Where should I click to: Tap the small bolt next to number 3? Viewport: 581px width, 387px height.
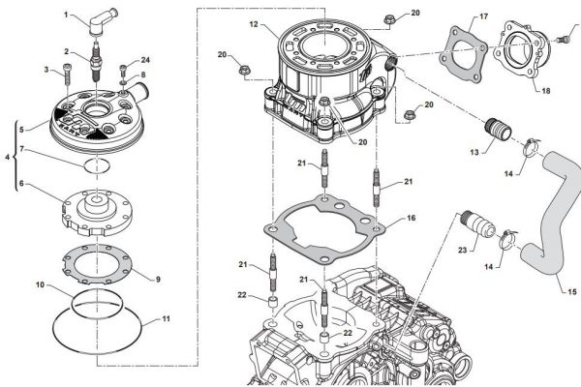[x=67, y=71]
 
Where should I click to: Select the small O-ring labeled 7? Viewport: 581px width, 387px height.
[x=92, y=166]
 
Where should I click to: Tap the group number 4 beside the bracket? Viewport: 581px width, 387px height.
[x=10, y=155]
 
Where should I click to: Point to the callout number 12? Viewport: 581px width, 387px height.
[x=253, y=22]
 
